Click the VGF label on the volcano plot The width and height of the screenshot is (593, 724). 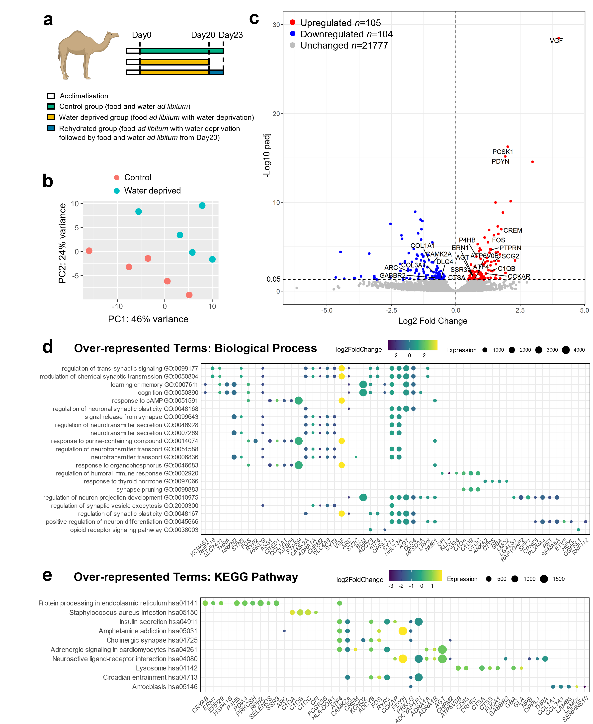pyautogui.click(x=556, y=41)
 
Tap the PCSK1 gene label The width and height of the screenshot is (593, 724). pyautogui.click(x=503, y=152)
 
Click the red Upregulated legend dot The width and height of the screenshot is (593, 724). pyautogui.click(x=292, y=22)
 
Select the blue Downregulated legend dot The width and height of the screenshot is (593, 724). pyautogui.click(x=292, y=34)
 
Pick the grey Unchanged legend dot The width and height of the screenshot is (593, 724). pyautogui.click(x=292, y=45)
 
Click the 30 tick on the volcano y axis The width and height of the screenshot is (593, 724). pyautogui.click(x=276, y=25)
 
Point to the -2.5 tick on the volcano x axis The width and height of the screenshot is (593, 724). pyautogui.click(x=391, y=310)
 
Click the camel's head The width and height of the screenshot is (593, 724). pyautogui.click(x=112, y=35)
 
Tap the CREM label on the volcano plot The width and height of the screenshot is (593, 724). pyautogui.click(x=512, y=230)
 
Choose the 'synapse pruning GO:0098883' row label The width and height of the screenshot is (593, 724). pyautogui.click(x=157, y=489)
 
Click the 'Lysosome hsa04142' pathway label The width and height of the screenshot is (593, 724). pyautogui.click(x=167, y=668)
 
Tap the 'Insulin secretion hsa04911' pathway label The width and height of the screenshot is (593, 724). pyautogui.click(x=159, y=622)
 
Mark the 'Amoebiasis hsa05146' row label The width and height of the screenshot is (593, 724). pyautogui.click(x=165, y=686)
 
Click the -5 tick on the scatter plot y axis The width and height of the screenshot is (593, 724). pyautogui.click(x=76, y=275)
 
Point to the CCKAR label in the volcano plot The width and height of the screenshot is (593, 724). pyautogui.click(x=519, y=276)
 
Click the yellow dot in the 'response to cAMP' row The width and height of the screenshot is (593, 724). pyautogui.click(x=341, y=400)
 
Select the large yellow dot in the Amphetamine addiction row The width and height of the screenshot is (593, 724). pyautogui.click(x=403, y=631)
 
